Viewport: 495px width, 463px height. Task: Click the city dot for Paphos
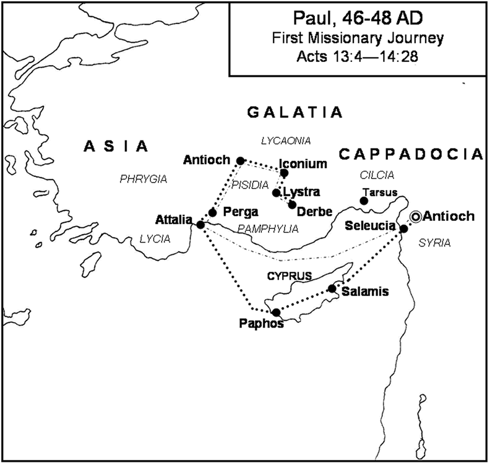[x=276, y=312]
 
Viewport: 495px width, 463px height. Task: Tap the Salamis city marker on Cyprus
[x=332, y=288]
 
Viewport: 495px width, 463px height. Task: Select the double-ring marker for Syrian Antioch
[x=415, y=216]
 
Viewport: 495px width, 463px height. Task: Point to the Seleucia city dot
[x=403, y=228]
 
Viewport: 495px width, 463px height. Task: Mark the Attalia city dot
[x=200, y=224]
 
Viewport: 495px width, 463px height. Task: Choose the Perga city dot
[x=212, y=212]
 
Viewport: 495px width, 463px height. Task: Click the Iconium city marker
[x=284, y=173]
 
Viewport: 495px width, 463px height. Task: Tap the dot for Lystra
[x=277, y=193]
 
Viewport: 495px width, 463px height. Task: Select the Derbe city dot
[x=292, y=204]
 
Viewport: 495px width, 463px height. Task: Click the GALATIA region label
[x=295, y=112]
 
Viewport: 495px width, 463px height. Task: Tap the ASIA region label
[x=116, y=146]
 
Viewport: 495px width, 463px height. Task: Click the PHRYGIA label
[x=144, y=179]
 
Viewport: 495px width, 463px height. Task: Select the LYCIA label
[x=155, y=238]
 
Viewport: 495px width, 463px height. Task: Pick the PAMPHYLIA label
[x=268, y=229]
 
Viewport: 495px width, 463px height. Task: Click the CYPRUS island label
[x=289, y=275]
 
